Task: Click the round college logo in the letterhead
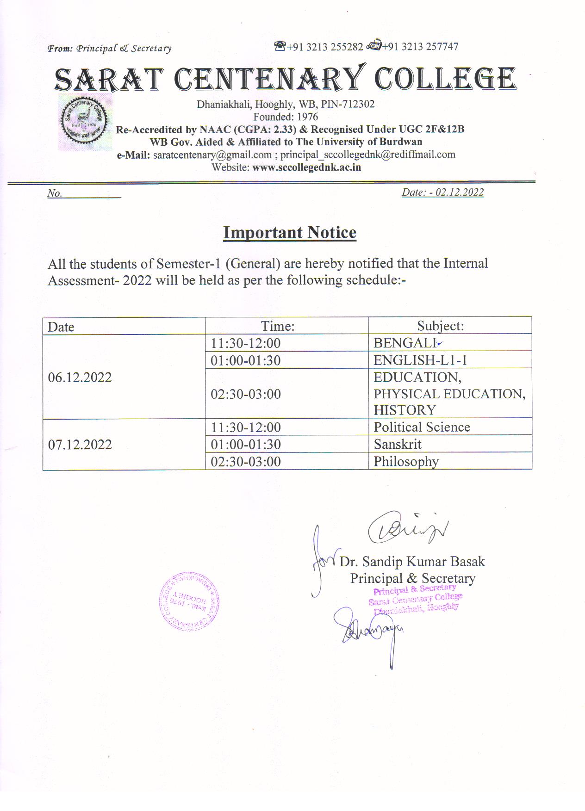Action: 85,122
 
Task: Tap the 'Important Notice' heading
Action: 290,232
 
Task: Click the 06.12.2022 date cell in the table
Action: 80,378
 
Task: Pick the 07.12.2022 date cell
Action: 80,445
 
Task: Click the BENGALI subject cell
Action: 405,343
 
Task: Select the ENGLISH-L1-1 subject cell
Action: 420,360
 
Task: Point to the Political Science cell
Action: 422,427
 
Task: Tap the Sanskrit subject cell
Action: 398,445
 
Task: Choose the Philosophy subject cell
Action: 406,462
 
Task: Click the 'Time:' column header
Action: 278,326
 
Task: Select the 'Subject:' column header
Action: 440,326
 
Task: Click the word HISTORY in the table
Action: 405,410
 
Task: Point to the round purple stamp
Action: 189,601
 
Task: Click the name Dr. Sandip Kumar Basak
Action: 412,562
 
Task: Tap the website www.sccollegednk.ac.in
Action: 306,167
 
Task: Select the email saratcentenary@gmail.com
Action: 212,155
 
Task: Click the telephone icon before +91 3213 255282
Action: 280,46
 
